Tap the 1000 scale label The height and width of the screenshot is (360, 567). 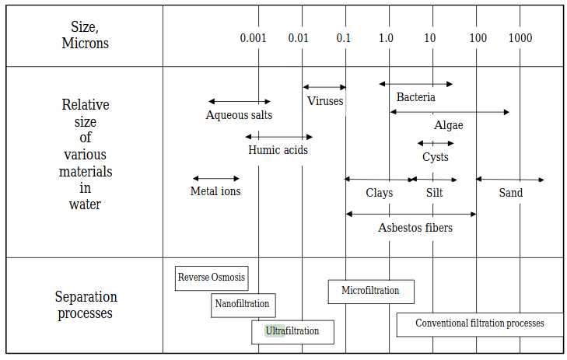520,38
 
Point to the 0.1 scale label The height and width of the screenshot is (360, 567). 343,38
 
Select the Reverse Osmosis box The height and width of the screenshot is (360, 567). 212,278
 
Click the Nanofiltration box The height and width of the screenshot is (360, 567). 243,305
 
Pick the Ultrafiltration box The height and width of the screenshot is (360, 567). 292,331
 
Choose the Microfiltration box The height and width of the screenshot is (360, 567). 370,291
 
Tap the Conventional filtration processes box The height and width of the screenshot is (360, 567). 479,323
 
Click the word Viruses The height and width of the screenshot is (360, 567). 325,101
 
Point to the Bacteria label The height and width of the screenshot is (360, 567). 416,97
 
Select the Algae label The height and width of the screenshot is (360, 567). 449,125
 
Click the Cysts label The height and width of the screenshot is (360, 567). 436,157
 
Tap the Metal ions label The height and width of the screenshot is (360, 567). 215,191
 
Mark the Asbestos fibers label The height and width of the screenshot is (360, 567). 415,228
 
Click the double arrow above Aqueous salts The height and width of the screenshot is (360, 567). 239,101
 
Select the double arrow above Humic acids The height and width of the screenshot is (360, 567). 278,137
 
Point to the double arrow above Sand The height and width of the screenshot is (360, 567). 509,180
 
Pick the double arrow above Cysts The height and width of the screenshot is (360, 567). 436,143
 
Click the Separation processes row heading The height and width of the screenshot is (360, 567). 86,306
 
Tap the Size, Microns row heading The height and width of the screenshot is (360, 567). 86,36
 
